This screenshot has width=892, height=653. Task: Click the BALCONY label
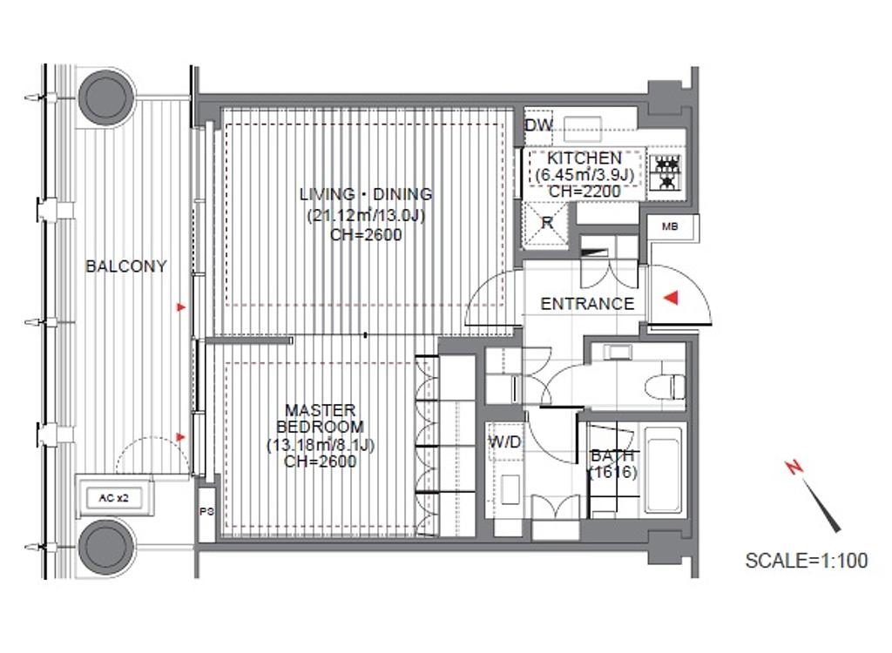[125, 266]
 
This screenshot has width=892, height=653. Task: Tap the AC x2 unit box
[114, 498]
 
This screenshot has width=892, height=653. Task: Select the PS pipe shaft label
[206, 511]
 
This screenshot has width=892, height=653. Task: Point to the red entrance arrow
[672, 297]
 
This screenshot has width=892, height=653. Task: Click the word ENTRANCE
[587, 304]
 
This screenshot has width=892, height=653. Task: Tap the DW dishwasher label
[537, 125]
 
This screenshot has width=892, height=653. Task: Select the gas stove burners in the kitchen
[666, 172]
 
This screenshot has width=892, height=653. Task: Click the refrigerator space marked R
[546, 224]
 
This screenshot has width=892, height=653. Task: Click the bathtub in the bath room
[663, 469]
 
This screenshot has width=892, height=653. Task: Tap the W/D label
[505, 441]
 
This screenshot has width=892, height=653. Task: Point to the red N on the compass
[794, 468]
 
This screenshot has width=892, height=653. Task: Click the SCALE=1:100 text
[806, 561]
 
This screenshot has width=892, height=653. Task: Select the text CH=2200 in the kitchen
[585, 192]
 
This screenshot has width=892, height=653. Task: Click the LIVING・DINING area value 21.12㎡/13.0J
[366, 216]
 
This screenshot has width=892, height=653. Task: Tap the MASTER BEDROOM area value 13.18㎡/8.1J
[321, 445]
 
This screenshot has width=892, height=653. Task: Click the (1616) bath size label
[612, 472]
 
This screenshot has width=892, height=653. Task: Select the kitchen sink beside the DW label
[582, 129]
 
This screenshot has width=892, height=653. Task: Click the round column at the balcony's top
[106, 94]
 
